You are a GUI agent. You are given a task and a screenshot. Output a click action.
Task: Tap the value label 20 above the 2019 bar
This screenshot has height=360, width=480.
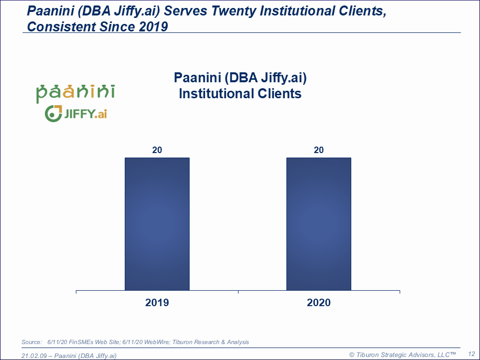pyautogui.click(x=157, y=150)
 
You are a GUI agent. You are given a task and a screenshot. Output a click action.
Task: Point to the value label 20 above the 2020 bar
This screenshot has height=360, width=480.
pyautogui.click(x=318, y=150)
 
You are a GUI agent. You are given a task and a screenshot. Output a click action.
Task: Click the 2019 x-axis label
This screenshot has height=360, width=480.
pyautogui.click(x=157, y=303)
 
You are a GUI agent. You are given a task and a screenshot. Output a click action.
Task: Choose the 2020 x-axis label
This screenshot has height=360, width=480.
pyautogui.click(x=318, y=303)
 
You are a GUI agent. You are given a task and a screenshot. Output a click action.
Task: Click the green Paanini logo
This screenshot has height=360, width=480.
pyautogui.click(x=75, y=92)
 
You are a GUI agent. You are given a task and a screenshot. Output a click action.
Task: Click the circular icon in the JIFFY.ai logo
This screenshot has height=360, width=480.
pyautogui.click(x=52, y=114)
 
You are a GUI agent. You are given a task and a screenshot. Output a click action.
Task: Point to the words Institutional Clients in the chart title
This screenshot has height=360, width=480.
pyautogui.click(x=240, y=93)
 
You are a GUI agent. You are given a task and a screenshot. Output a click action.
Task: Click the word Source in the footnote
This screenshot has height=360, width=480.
pyautogui.click(x=31, y=342)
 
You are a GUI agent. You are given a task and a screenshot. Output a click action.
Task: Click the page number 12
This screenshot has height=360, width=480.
pyautogui.click(x=471, y=353)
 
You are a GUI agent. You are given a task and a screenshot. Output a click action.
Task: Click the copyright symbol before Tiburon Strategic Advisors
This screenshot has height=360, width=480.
pyautogui.click(x=352, y=355)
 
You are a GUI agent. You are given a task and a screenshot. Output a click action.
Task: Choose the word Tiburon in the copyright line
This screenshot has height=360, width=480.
pyautogui.click(x=368, y=355)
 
